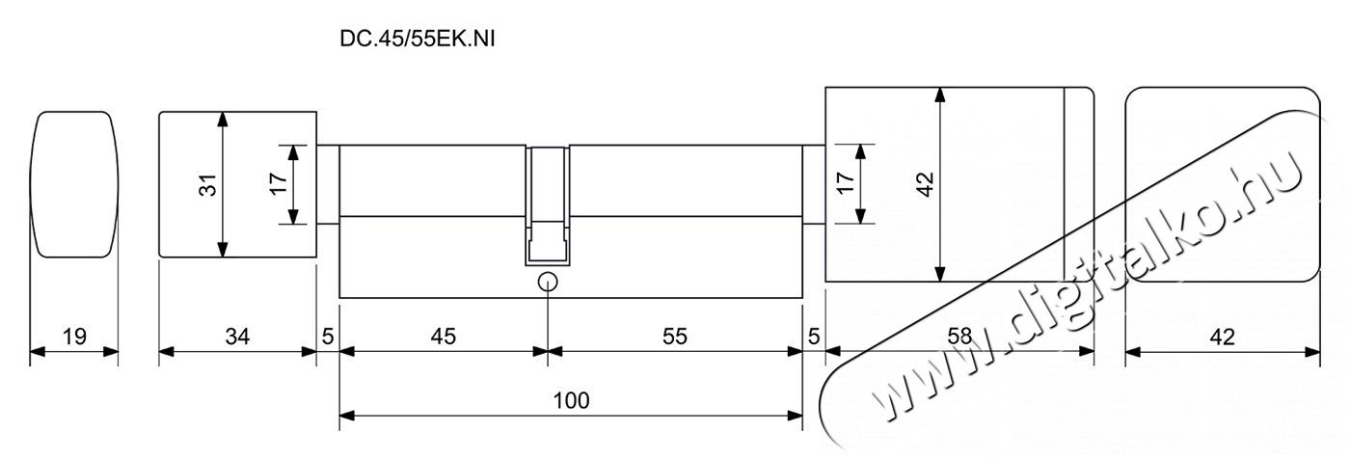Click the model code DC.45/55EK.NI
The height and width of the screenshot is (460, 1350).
(417, 40)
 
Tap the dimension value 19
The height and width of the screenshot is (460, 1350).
(74, 337)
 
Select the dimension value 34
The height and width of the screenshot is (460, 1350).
(237, 337)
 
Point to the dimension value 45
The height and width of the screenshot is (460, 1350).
(444, 337)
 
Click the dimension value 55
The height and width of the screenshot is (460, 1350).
(674, 337)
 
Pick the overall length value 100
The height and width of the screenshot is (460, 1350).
(571, 400)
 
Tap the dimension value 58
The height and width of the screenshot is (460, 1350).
(958, 337)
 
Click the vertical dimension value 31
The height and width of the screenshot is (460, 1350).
(208, 185)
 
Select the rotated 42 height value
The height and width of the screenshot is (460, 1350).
(925, 184)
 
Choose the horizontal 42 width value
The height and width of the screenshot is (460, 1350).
(1223, 337)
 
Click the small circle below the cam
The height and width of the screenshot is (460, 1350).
(548, 282)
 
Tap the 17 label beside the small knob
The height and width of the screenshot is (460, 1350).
(279, 183)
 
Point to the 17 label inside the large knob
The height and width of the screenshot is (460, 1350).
(846, 182)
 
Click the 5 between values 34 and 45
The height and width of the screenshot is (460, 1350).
(328, 337)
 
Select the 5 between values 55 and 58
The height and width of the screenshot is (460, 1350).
(814, 337)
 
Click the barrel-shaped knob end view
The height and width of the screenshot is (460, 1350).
(74, 184)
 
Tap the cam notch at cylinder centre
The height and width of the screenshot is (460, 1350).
(548, 205)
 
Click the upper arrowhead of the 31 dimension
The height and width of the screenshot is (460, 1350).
(223, 119)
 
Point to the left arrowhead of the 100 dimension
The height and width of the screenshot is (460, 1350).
(347, 416)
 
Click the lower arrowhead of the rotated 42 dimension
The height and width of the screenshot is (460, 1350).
(940, 274)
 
